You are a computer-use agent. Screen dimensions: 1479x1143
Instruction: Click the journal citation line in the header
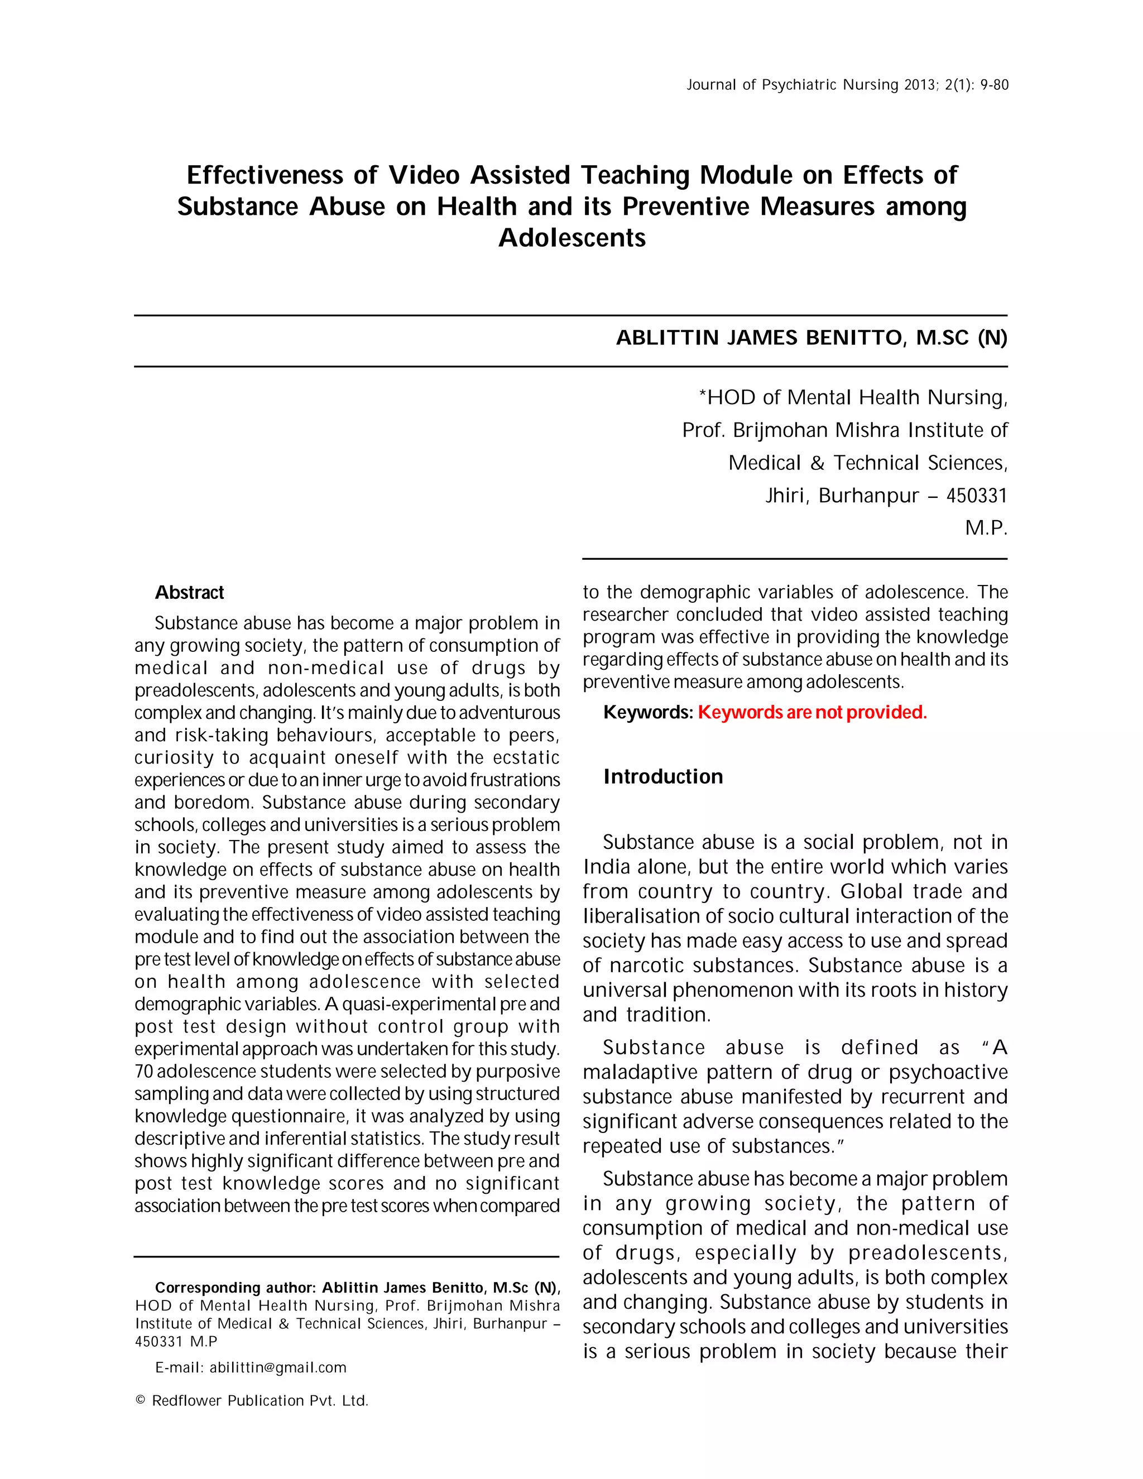point(847,85)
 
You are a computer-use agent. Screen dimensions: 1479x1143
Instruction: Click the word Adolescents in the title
point(571,238)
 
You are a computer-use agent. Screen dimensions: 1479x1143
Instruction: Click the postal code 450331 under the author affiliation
point(977,496)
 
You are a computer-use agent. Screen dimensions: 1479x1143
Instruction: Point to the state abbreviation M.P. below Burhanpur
point(986,528)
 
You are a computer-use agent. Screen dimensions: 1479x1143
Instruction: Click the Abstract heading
point(189,593)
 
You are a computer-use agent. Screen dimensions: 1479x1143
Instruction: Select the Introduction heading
point(662,777)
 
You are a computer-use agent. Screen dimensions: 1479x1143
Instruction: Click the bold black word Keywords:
point(648,712)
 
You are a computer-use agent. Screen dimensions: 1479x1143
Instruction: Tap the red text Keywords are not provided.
point(812,712)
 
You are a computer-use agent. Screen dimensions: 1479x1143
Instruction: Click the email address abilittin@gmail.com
point(277,1367)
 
